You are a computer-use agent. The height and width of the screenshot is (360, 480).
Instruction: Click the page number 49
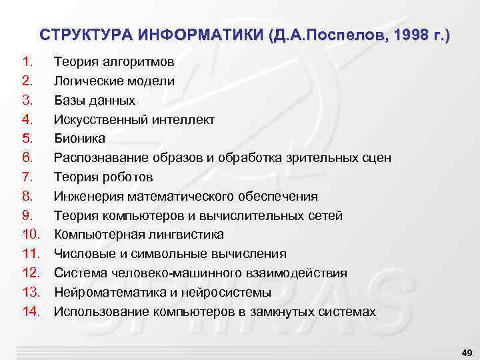click(x=466, y=351)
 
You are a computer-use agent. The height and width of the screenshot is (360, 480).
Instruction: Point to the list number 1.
click(x=27, y=63)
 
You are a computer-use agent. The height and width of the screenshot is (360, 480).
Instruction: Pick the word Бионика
click(x=79, y=139)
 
